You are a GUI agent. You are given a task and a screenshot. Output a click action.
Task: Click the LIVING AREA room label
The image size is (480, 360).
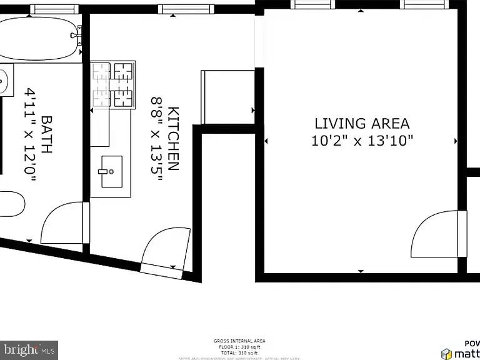(362, 123)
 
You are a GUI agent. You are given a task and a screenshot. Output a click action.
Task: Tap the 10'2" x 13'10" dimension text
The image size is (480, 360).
(362, 141)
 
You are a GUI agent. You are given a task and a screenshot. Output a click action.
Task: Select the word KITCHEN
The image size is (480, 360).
(174, 139)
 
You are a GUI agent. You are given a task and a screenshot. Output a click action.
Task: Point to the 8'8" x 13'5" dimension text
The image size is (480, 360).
(156, 139)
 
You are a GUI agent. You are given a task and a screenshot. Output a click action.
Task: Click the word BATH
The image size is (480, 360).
(47, 134)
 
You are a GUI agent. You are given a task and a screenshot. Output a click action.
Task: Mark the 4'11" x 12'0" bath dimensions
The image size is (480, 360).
(30, 134)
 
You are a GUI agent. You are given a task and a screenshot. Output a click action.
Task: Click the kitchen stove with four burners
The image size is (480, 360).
(114, 84)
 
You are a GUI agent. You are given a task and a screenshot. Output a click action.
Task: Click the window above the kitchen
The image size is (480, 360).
(186, 9)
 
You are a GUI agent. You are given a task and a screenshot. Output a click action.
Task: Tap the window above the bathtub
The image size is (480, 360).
(54, 9)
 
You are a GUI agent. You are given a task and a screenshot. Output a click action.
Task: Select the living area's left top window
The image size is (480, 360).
(312, 4)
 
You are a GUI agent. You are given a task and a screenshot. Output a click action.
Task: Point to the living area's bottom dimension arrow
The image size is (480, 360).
(361, 271)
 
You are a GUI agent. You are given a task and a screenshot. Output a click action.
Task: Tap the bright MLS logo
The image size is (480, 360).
(29, 349)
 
